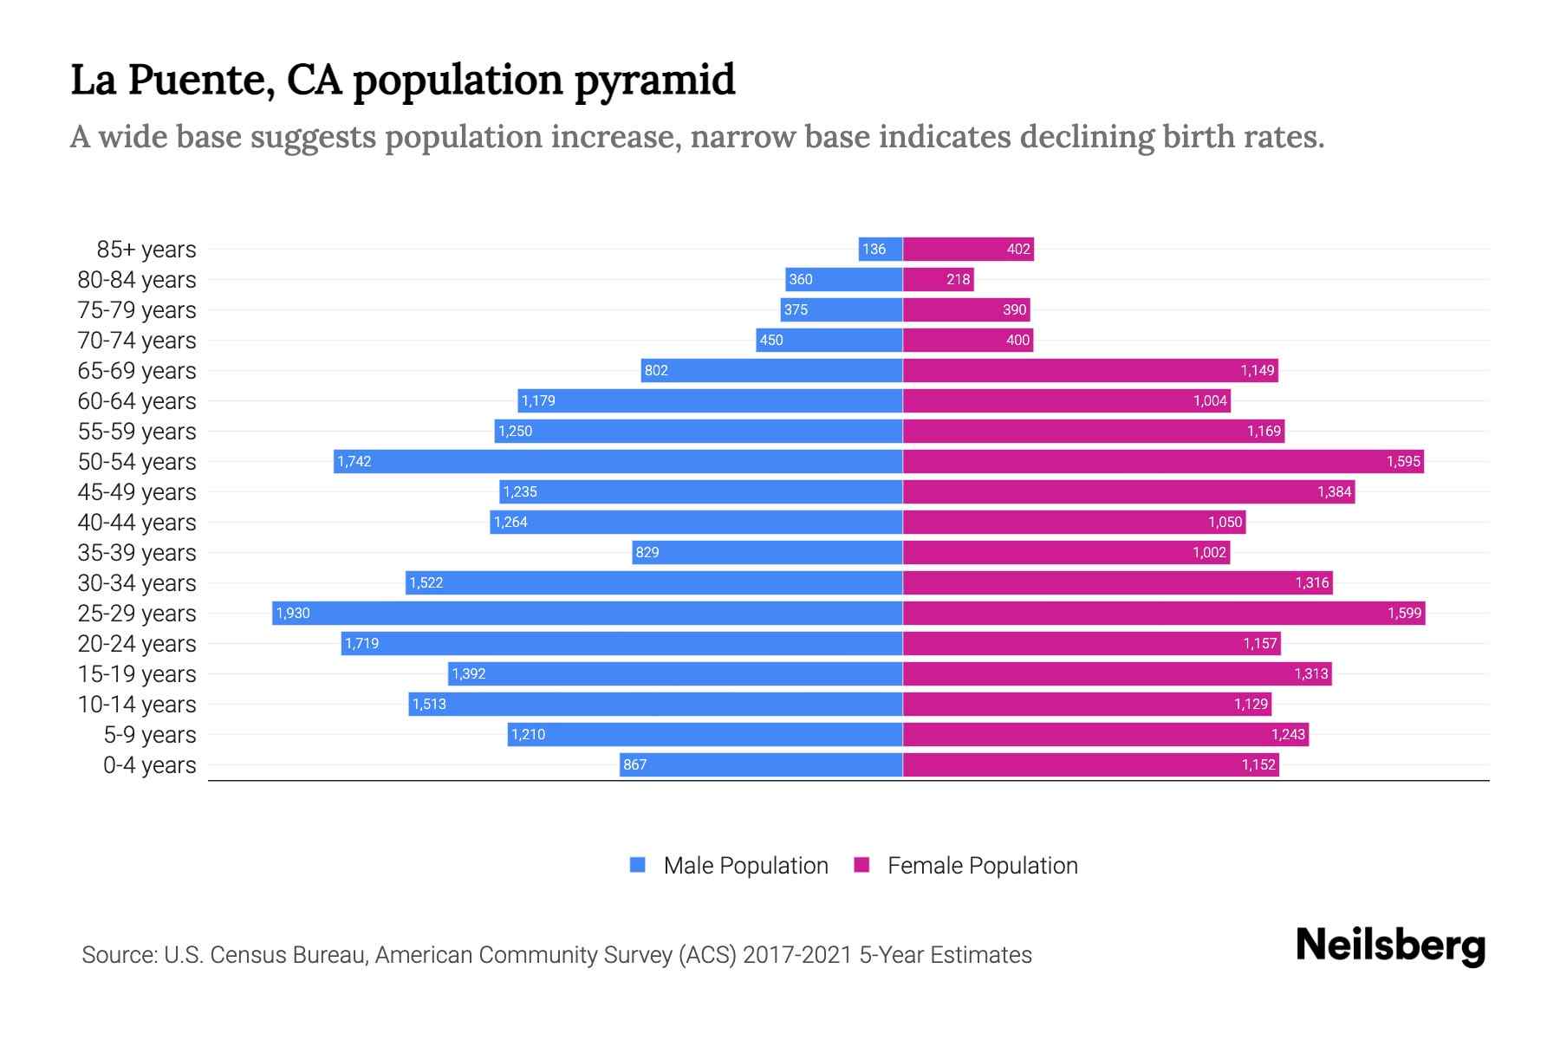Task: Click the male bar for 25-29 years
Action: pos(588,613)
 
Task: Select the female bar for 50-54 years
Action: pos(1163,461)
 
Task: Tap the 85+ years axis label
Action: pos(146,250)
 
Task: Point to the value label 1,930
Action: pos(293,614)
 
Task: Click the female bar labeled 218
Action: pos(939,279)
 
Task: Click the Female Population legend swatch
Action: pos(861,865)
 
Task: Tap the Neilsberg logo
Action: pos(1390,946)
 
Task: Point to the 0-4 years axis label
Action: pos(149,765)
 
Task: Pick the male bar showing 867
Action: pos(761,764)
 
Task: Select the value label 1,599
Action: pos(1404,614)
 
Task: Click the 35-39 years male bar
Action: pos(767,552)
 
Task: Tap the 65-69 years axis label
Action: pos(137,371)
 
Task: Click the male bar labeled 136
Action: pos(881,249)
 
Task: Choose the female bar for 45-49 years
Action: pos(1128,491)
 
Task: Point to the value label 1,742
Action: pos(354,462)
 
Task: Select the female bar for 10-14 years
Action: pos(1088,704)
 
